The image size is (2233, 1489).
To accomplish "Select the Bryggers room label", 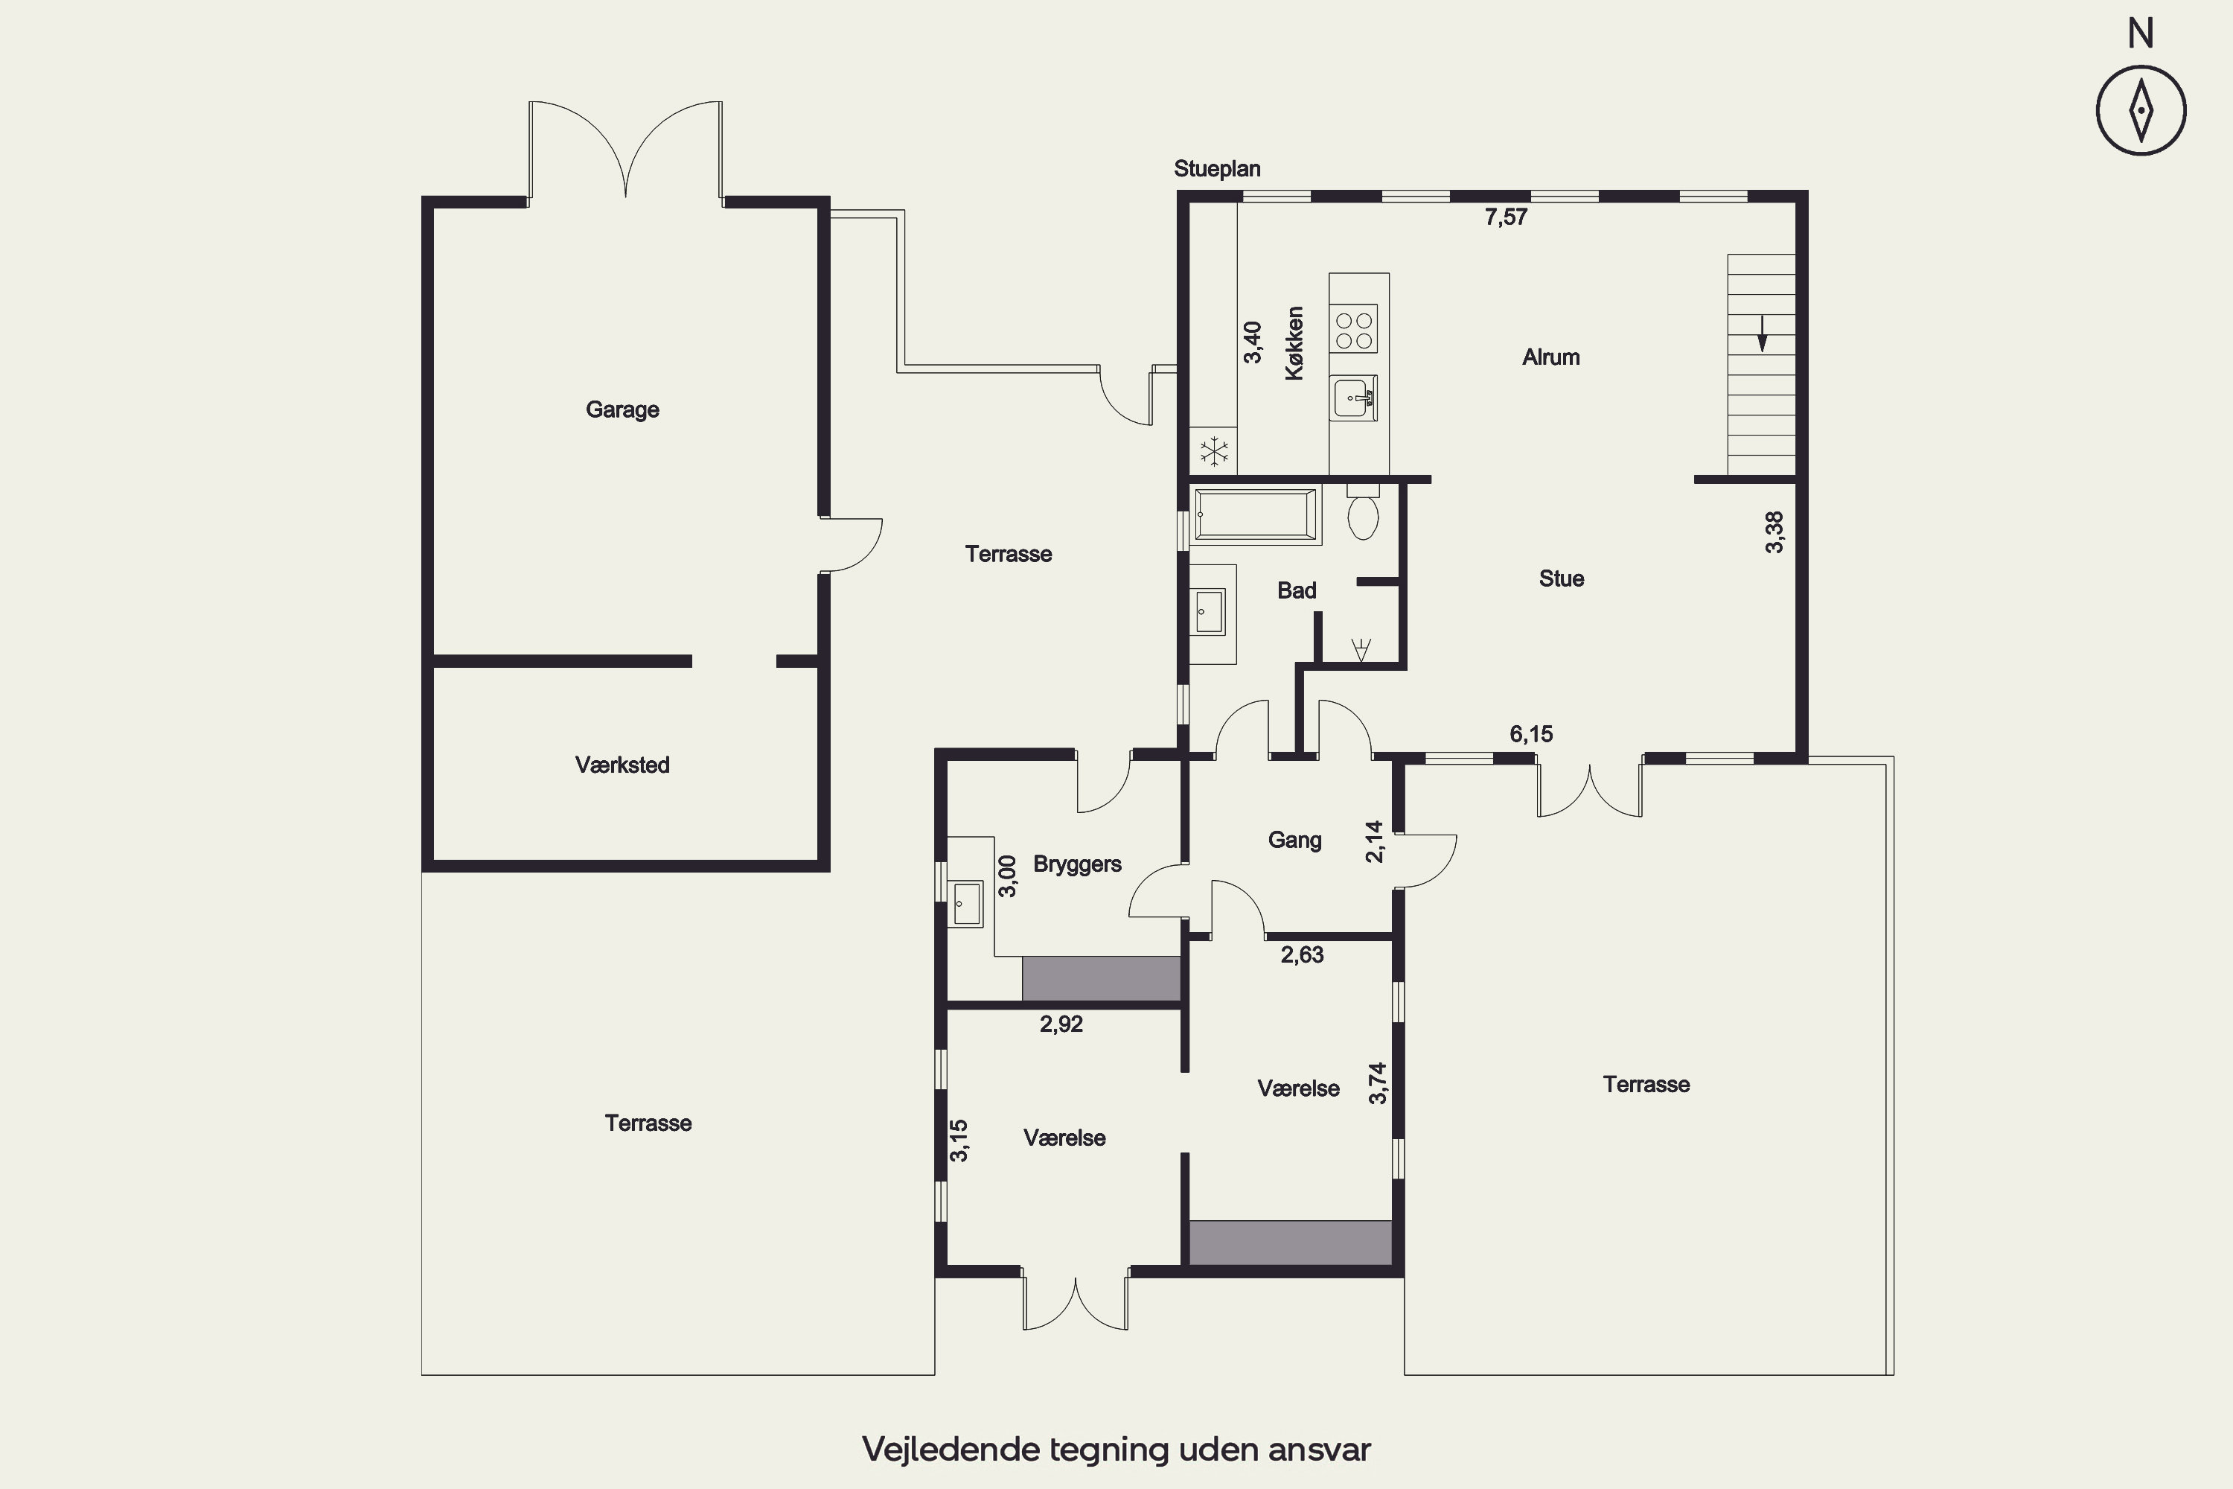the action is point(1078,864).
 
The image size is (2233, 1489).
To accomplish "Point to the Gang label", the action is point(1295,841).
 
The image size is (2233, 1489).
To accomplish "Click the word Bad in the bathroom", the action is point(1297,590).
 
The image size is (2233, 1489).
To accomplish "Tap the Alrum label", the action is point(1551,358).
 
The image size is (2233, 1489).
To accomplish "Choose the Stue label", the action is point(1562,578).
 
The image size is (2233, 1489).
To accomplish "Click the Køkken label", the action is point(1295,344).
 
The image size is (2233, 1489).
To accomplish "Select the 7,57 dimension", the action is point(1507,217).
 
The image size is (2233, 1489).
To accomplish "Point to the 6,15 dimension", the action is point(1531,734).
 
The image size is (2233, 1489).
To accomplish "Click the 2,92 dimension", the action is point(1061,1024).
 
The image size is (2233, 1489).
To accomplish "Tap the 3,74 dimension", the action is point(1378,1083).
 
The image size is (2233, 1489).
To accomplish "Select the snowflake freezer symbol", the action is point(1214,451).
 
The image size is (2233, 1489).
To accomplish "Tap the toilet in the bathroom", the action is point(1364,513).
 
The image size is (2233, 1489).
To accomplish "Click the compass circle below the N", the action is point(2141,110).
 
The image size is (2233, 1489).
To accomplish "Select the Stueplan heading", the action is point(1217,169).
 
